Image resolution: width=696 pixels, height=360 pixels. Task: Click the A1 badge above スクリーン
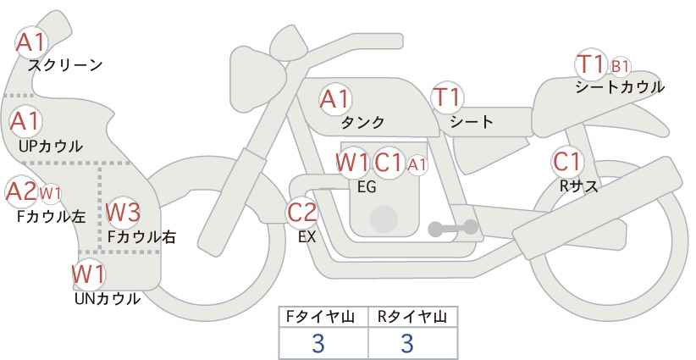[31, 42]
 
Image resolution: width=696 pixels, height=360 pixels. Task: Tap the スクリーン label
[65, 66]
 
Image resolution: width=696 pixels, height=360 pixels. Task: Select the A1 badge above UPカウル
[25, 121]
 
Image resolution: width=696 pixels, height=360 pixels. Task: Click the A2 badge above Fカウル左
[21, 191]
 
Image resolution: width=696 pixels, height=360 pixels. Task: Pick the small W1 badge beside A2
[50, 193]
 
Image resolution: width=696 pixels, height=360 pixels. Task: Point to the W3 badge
[123, 212]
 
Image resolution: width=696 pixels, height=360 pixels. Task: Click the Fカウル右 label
[142, 237]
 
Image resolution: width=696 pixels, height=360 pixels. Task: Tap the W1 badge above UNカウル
[89, 274]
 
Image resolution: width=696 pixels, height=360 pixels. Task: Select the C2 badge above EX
[301, 212]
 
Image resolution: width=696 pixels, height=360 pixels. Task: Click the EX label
[307, 237]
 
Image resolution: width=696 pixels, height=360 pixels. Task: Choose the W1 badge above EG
[352, 163]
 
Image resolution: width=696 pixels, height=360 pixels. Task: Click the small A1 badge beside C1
[417, 164]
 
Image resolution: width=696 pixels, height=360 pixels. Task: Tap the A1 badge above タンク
[335, 99]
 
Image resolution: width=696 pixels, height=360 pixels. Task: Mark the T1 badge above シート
[447, 97]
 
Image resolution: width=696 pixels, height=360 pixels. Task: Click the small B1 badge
[621, 67]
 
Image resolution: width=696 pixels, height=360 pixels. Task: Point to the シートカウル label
[620, 87]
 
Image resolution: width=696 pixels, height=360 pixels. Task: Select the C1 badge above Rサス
[567, 162]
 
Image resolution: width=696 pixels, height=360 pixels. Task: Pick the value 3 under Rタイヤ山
[407, 343]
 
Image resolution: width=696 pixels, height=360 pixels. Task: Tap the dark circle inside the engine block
[384, 219]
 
